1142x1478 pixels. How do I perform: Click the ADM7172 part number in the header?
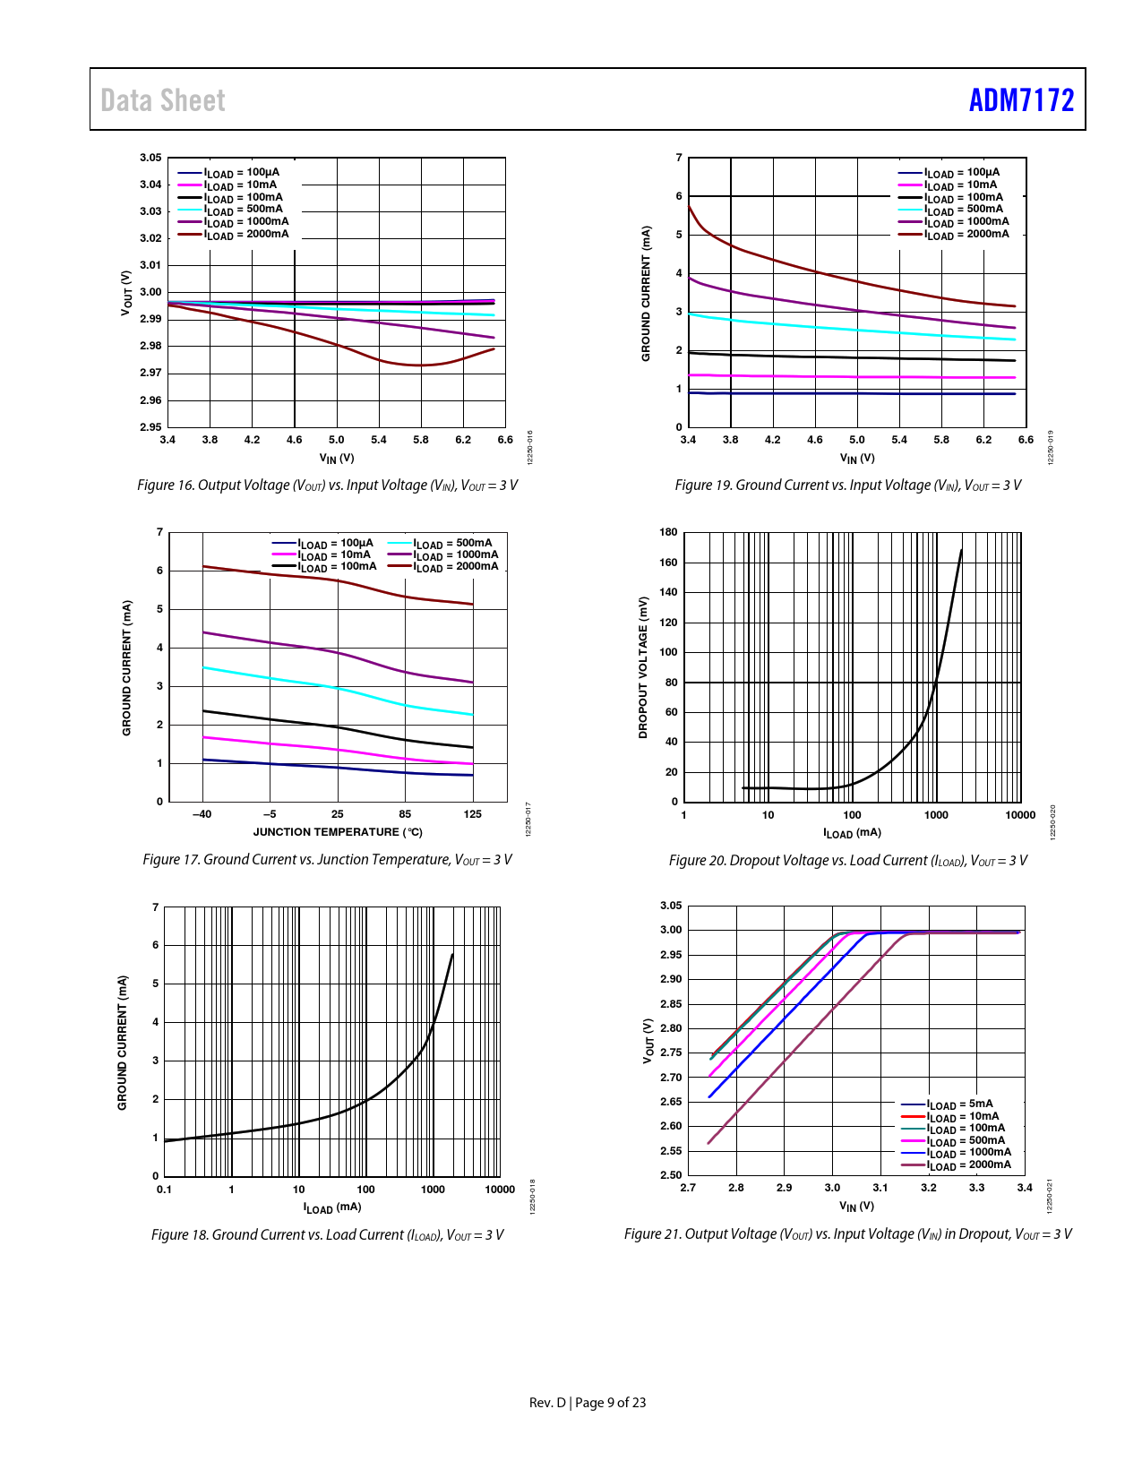(1021, 99)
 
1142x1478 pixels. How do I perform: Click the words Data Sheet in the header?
(163, 100)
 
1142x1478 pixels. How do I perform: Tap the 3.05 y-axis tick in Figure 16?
(150, 158)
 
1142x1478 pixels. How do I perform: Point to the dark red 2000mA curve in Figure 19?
(806, 269)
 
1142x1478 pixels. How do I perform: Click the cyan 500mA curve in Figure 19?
(806, 326)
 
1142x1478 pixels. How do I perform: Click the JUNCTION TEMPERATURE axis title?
(338, 832)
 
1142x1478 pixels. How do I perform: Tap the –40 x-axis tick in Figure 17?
(202, 814)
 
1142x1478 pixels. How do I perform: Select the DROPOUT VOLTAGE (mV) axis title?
(642, 667)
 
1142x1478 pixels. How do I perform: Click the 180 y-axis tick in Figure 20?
(668, 532)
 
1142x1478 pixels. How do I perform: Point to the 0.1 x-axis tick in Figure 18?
(164, 1190)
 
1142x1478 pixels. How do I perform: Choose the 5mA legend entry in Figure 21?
(959, 1104)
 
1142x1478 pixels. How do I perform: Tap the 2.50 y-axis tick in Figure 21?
(671, 1174)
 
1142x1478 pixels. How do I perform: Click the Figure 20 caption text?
(847, 861)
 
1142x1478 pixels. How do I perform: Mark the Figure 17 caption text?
(327, 860)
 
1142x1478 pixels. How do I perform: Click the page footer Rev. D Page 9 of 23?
(587, 1403)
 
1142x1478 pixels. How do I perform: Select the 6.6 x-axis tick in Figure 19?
(1026, 440)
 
